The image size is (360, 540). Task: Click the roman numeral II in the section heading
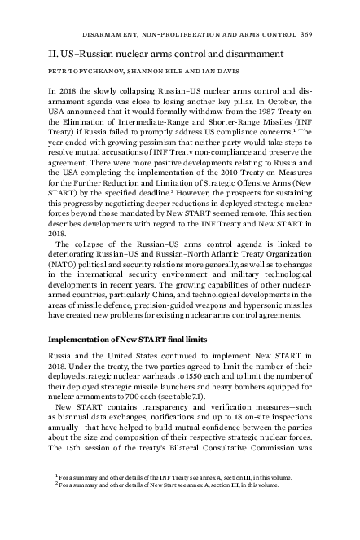[54, 53]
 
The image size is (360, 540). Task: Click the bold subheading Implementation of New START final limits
[128, 339]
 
